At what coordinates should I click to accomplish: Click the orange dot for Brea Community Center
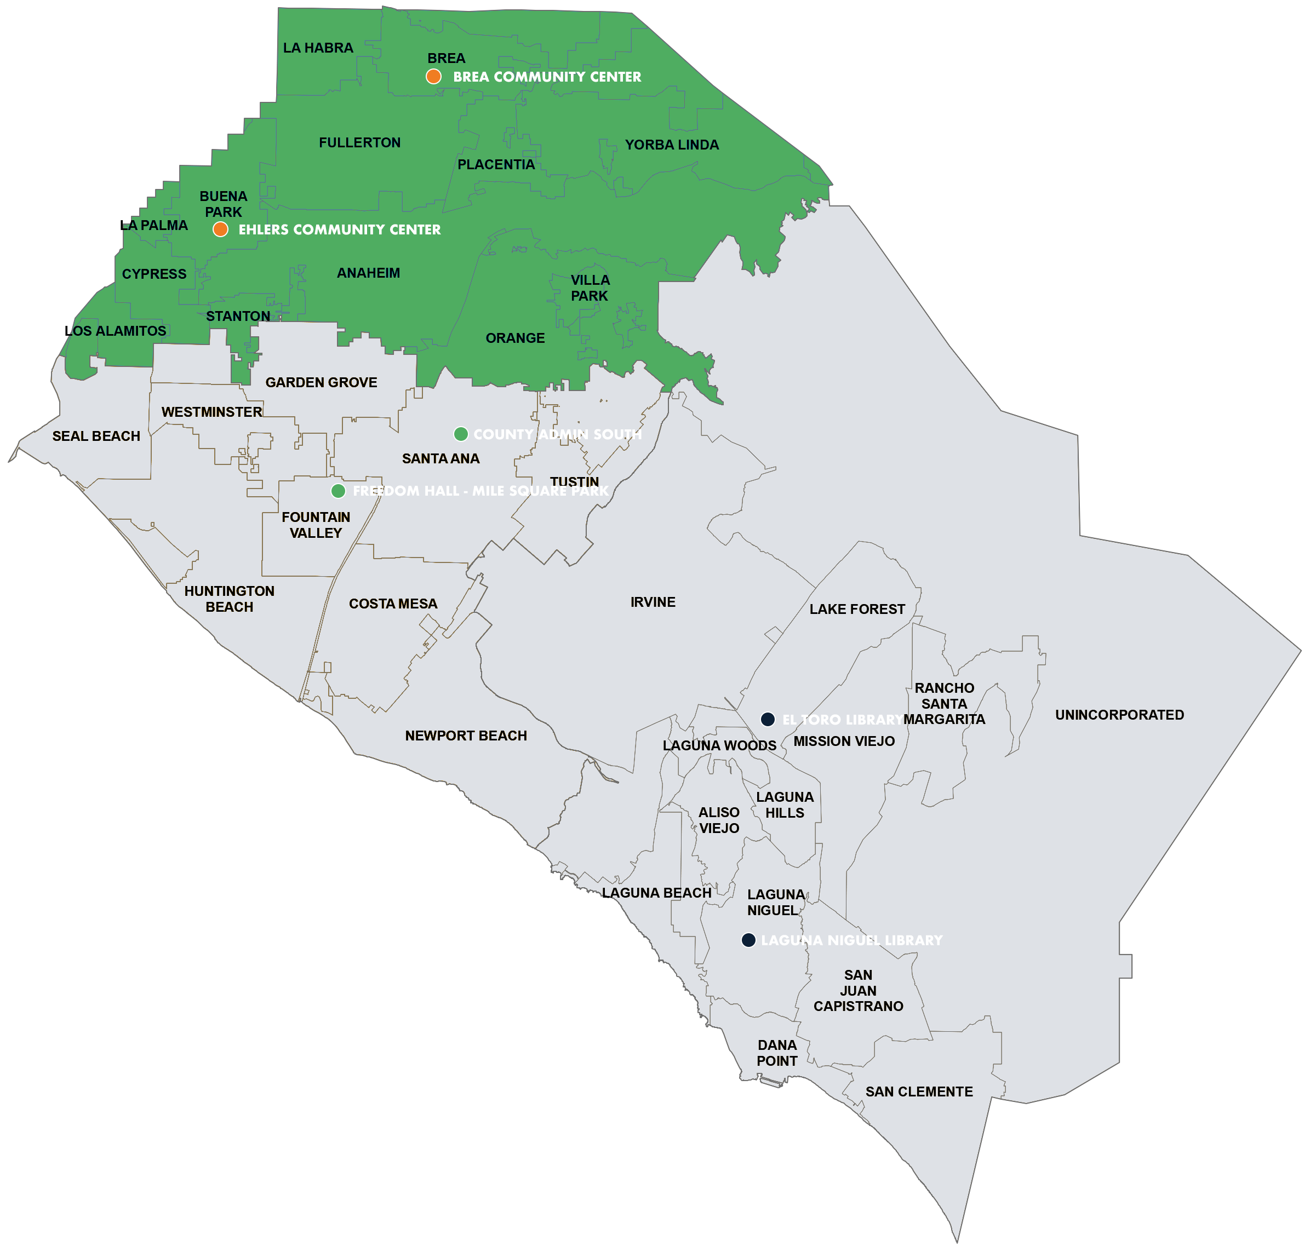coord(433,77)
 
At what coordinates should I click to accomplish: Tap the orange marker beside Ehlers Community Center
coord(220,229)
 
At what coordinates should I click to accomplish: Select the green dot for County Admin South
coord(461,434)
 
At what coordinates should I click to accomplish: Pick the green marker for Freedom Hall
coord(338,491)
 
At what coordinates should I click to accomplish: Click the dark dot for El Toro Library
coord(768,720)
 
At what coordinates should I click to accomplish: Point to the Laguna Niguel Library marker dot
coord(748,940)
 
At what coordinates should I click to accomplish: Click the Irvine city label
coord(653,602)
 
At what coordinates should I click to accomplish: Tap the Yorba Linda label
coord(671,145)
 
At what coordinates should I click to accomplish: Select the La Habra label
coord(318,48)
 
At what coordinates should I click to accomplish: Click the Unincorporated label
coord(1119,715)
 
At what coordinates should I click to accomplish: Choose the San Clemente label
coord(919,1092)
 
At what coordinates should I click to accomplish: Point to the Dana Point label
coord(777,1053)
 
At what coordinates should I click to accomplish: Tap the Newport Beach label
coord(466,736)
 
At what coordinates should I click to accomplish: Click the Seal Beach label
coord(96,436)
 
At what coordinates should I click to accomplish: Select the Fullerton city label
coord(359,142)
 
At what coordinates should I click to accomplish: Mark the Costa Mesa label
coord(393,604)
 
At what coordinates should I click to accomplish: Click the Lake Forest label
coord(856,609)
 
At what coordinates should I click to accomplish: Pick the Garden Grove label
coord(321,382)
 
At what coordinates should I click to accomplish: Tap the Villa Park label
coord(590,288)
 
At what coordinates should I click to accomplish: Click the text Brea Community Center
coord(547,77)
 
